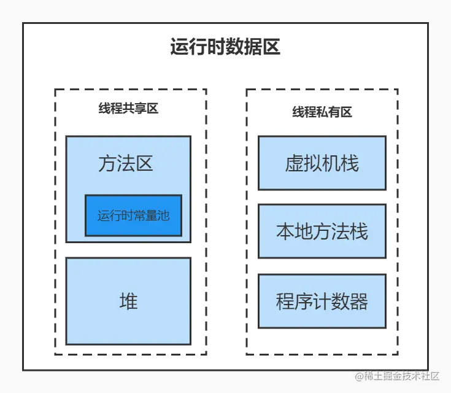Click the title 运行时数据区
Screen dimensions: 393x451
click(x=225, y=47)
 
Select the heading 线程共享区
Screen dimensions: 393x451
click(x=129, y=109)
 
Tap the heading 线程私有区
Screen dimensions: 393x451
click(x=322, y=112)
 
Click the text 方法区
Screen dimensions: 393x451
click(x=126, y=163)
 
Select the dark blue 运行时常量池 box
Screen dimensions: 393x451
click(x=133, y=216)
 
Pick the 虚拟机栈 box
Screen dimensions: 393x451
click(x=322, y=163)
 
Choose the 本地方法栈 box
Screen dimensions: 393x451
click(x=322, y=232)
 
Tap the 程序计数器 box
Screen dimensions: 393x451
click(x=322, y=302)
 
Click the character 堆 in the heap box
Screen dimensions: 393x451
click(x=128, y=302)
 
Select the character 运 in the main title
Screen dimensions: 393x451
click(x=179, y=47)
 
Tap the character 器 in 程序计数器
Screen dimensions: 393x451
click(x=358, y=302)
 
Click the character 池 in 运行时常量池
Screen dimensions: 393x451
click(x=163, y=216)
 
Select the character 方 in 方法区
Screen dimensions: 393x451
click(x=107, y=163)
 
